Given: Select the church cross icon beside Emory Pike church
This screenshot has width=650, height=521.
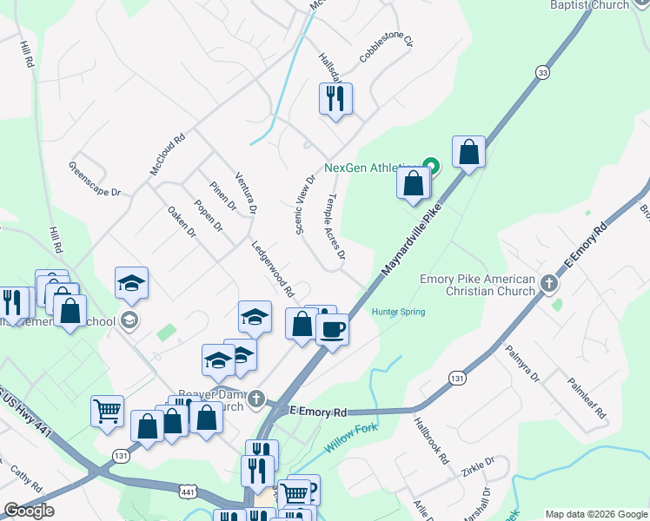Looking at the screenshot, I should (x=548, y=284).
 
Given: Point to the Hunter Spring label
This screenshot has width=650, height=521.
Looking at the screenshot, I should (x=399, y=312).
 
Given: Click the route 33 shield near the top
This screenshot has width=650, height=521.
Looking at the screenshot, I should (x=543, y=73).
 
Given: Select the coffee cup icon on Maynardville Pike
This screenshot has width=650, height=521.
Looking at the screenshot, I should (x=331, y=329).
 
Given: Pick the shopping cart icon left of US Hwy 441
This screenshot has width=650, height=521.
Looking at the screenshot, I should (x=107, y=410).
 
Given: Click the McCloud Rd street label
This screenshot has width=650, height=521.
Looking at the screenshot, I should (x=168, y=155).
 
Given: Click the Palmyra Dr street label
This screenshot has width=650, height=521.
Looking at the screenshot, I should (x=521, y=365).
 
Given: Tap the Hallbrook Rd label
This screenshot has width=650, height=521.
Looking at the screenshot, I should (x=431, y=440).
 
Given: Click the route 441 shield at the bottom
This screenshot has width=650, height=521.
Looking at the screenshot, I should (x=188, y=491).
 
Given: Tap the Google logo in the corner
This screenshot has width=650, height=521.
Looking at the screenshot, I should (x=29, y=511).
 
